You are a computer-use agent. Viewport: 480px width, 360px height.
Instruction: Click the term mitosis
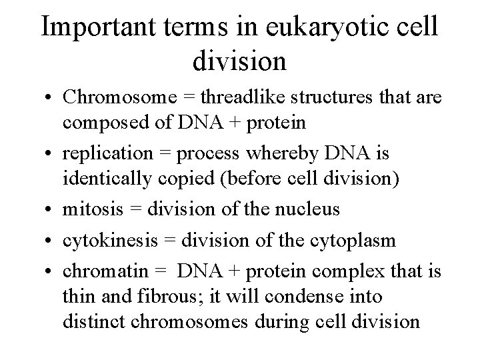point(90,209)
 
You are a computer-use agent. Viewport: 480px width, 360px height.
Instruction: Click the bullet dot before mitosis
point(51,210)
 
